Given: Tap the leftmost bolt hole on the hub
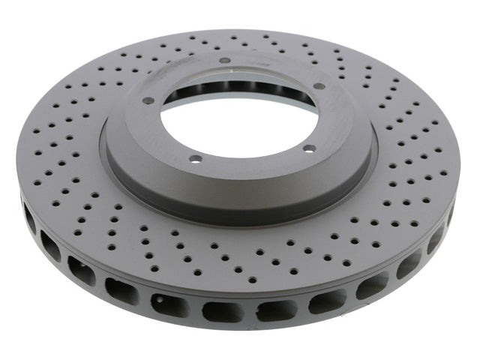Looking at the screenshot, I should (x=148, y=100).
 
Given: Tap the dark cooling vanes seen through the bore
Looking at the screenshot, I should (x=225, y=82).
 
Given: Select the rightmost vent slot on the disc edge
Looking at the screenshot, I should (x=451, y=214).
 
